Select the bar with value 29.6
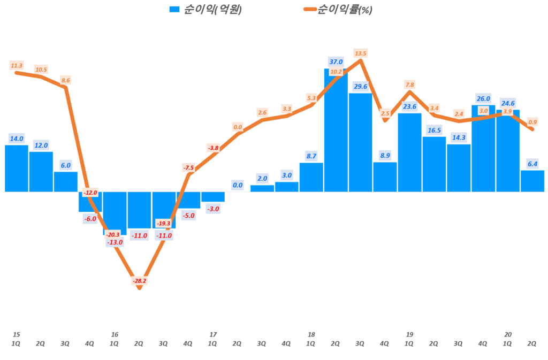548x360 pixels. (x=360, y=142)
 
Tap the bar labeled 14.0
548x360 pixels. (x=17, y=168)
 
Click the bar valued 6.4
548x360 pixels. (x=532, y=181)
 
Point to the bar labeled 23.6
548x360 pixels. (x=409, y=152)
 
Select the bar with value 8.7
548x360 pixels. (x=311, y=177)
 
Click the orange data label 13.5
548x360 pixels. (x=361, y=53)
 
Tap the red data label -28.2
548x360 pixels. (x=139, y=280)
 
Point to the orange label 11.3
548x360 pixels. (x=17, y=65)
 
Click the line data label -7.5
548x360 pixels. (x=188, y=168)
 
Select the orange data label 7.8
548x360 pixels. (x=410, y=85)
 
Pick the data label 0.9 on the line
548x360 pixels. (x=532, y=122)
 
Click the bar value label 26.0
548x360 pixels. (x=483, y=98)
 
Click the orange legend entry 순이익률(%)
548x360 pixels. (x=337, y=10)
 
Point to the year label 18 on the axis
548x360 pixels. (x=311, y=334)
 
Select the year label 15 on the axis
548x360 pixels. (x=17, y=334)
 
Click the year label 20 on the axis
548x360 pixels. (x=508, y=334)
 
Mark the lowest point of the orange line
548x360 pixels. (x=139, y=288)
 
